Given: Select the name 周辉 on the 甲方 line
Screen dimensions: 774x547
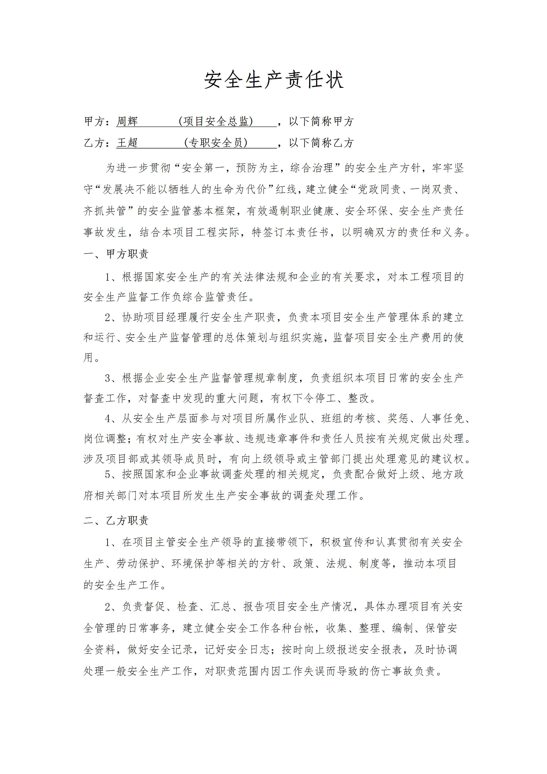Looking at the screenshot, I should click(x=127, y=121).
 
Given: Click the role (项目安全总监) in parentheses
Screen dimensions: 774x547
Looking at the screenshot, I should click(x=216, y=121).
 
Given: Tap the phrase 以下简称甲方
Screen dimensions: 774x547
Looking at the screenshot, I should click(x=321, y=121).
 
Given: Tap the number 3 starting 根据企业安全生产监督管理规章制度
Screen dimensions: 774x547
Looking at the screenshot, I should click(x=108, y=378).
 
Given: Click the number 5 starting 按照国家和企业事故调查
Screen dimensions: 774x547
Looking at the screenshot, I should click(x=108, y=475).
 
